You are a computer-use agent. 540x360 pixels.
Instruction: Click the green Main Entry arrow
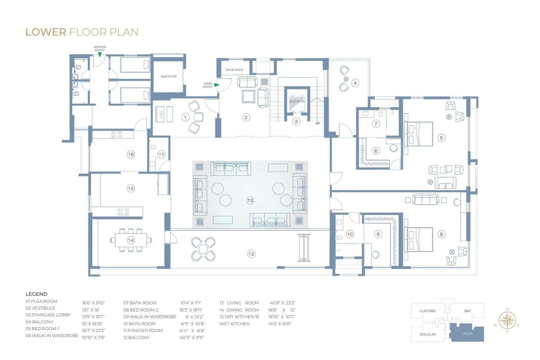coord(217,85)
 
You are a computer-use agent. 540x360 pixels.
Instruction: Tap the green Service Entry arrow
coord(100,55)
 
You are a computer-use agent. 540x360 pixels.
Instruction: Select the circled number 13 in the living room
coord(250,200)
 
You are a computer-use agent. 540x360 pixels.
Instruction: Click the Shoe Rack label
coord(234,70)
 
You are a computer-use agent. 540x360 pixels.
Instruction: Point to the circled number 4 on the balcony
coord(355,83)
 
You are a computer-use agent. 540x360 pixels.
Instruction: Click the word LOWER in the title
coord(46,32)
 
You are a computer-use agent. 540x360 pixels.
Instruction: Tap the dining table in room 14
coord(131,240)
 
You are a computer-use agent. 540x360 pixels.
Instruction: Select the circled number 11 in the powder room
coord(161,154)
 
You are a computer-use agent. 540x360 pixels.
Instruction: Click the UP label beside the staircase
coord(318,123)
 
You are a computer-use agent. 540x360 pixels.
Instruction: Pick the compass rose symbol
coord(507,320)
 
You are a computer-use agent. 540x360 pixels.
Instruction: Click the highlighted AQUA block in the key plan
coord(467,333)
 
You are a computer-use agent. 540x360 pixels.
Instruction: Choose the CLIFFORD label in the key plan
coord(428,311)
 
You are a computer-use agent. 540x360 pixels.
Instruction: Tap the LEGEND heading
coord(36,294)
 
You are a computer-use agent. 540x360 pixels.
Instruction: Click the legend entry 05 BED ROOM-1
coord(43,329)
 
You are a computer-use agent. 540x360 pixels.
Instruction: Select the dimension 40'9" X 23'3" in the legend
coord(282,303)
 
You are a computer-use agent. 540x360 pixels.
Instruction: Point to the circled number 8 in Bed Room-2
coord(441,234)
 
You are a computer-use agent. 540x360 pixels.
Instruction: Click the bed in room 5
coord(419,134)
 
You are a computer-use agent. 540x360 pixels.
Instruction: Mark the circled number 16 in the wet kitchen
coord(131,154)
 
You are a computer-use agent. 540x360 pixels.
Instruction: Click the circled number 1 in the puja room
coord(185,118)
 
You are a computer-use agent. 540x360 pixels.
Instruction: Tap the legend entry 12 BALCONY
coord(136,338)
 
